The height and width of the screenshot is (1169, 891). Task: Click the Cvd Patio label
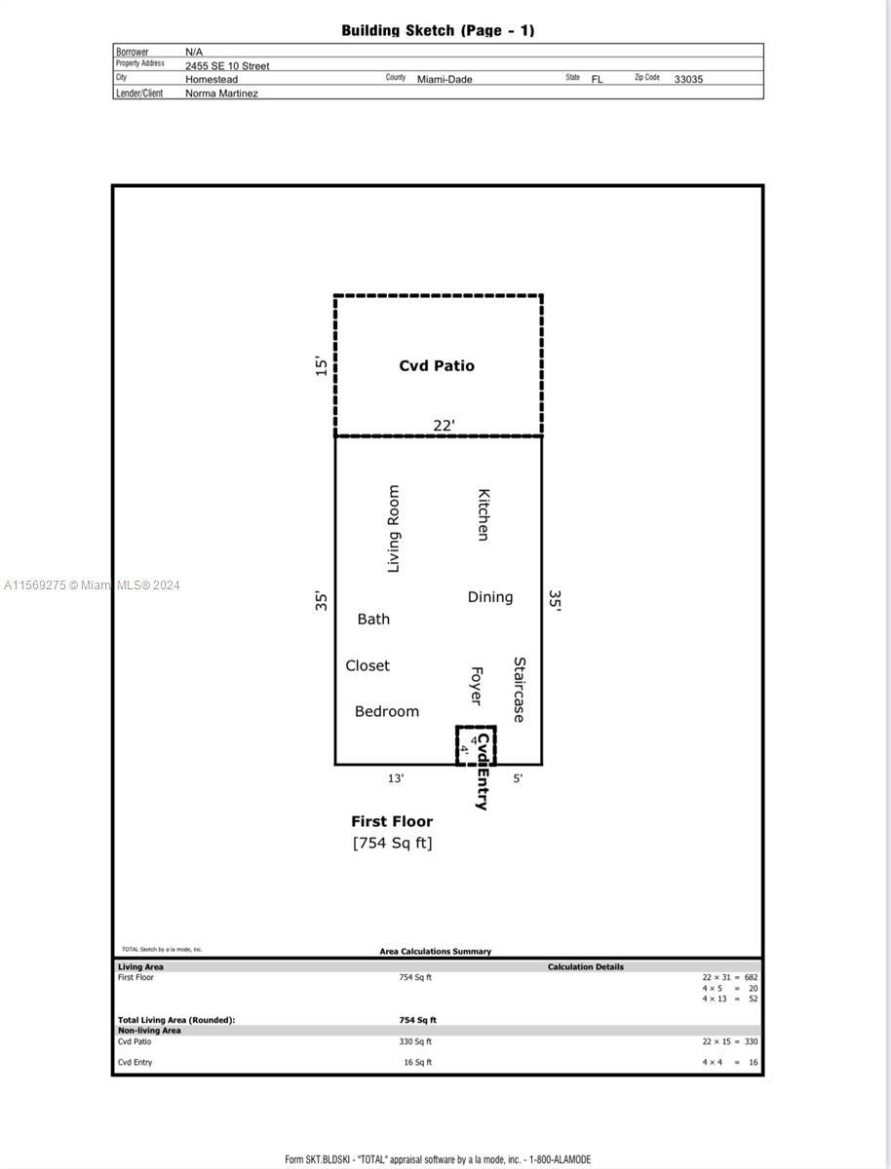tap(437, 366)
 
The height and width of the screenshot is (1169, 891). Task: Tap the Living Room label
tap(394, 529)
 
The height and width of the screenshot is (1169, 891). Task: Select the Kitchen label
tap(483, 514)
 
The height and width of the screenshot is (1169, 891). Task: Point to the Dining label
tap(489, 597)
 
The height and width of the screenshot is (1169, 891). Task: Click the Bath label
tap(373, 619)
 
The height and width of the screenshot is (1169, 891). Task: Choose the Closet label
tap(368, 665)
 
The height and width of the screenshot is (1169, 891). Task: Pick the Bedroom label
tap(387, 712)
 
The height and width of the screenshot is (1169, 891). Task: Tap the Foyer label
tap(477, 686)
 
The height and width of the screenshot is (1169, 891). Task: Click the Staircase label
tap(520, 690)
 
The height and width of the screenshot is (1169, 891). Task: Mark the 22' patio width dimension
tap(444, 426)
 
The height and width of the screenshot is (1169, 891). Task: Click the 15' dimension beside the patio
tap(322, 366)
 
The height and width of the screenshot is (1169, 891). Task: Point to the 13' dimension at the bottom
tap(396, 778)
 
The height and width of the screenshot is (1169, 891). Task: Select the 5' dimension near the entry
tap(518, 778)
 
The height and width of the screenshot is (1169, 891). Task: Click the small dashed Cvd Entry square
tap(476, 745)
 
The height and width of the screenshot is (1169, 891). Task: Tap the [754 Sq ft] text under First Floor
tap(392, 843)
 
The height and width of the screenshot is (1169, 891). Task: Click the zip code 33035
tap(688, 79)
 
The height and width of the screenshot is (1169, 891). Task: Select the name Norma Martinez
tap(221, 94)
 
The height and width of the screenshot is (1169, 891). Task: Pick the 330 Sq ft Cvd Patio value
tap(415, 1041)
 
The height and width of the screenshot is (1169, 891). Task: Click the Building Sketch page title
tap(438, 30)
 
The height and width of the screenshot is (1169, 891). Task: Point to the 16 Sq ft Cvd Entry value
tap(417, 1063)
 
